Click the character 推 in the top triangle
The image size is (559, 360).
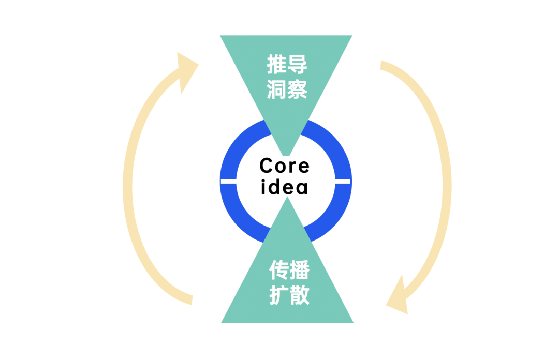coord(277,66)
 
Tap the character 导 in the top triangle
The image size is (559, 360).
coord(298,66)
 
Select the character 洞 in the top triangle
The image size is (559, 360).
coord(277,89)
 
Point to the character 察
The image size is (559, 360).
coord(298,89)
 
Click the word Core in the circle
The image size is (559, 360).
coord(285,166)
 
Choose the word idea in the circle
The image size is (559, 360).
coord(285,187)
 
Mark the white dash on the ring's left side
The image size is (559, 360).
coord(228,181)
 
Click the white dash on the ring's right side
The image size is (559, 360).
coord(343,181)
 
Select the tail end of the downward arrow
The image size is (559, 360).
coord(384,66)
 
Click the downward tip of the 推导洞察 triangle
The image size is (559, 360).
coord(286,154)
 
